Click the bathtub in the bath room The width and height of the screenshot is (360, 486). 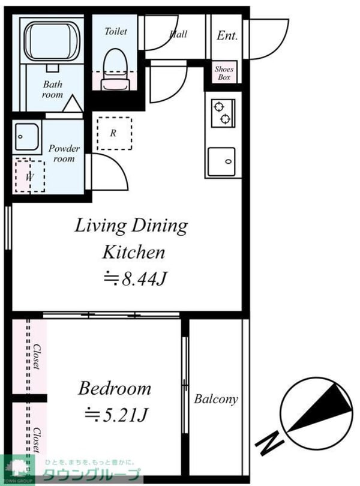point(52,41)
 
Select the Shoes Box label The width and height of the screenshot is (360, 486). point(224,73)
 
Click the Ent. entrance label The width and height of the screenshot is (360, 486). point(227,35)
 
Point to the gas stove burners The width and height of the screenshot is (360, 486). point(223,113)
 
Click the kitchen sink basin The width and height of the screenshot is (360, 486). point(221,161)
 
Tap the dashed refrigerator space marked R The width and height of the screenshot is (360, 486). point(114,133)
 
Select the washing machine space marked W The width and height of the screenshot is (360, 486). point(30,176)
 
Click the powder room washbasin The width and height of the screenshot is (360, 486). point(27,137)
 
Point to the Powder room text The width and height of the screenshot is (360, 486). point(64,154)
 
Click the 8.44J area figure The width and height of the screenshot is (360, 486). point(135,278)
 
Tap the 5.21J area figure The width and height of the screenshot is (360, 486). point(116,415)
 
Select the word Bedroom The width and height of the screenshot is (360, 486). point(115,388)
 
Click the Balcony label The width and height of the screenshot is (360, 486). point(216,398)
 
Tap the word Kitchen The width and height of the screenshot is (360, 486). point(134,252)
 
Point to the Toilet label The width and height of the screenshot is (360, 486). point(116,31)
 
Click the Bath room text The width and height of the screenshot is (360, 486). point(52,89)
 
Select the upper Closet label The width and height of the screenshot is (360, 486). point(37,356)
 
